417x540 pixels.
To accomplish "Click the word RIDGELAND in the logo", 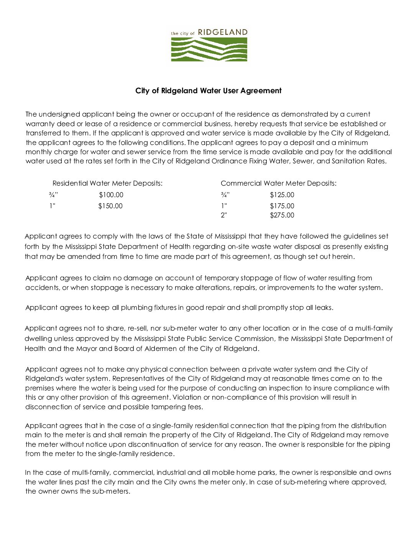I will pos(223,32).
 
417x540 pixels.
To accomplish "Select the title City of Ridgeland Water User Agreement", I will pos(208,91).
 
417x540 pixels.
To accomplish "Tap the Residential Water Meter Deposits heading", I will pos(107,183).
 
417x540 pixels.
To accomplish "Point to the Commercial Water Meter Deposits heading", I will pos(279,183).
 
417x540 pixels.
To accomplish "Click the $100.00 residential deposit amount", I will pos(111,195).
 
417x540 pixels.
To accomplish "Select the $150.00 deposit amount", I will pos(110,206).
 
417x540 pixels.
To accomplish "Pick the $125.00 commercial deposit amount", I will pos(282,195).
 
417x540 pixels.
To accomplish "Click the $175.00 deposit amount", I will pos(282,206).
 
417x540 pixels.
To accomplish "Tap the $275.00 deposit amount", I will pos(282,215).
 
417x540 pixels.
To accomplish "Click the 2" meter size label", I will pos(224,215).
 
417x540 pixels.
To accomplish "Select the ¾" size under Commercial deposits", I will pos(225,195).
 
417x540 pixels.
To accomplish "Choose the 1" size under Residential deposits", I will pos(52,206).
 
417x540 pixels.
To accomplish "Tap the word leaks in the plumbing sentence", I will pos(324,308).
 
